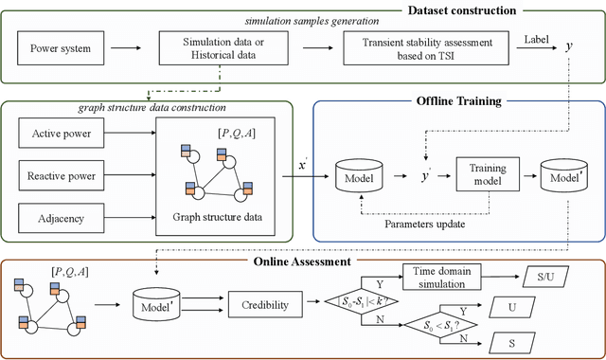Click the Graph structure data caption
click(x=218, y=214)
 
